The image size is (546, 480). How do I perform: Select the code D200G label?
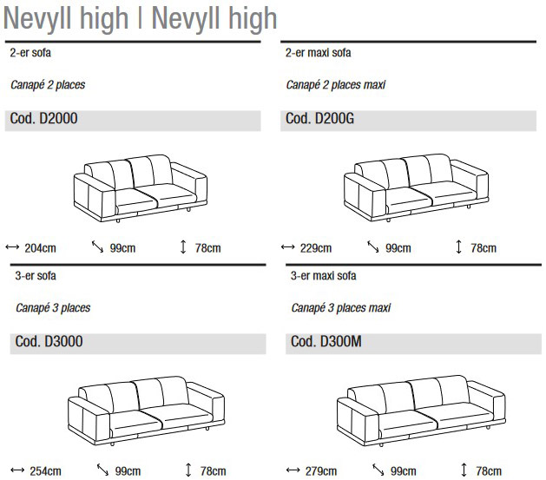[x=319, y=119]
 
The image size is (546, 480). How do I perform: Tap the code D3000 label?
[x=49, y=342]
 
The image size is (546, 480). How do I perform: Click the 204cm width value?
[x=40, y=248]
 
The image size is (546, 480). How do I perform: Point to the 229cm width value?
[x=315, y=248]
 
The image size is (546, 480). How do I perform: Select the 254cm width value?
[x=45, y=471]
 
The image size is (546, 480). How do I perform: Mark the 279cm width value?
[x=320, y=471]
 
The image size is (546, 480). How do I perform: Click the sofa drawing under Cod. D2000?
[x=140, y=185]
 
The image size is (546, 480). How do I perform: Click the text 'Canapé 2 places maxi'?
[x=336, y=85]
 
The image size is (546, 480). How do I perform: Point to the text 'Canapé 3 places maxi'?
[x=341, y=308]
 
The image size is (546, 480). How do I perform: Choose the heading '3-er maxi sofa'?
[x=323, y=276]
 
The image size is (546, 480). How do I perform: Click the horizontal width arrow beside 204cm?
[x=12, y=247]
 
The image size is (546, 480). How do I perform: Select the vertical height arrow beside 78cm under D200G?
[x=458, y=247]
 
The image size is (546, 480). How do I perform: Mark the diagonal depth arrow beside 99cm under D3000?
[x=102, y=470]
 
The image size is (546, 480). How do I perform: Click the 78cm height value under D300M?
[x=489, y=471]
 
